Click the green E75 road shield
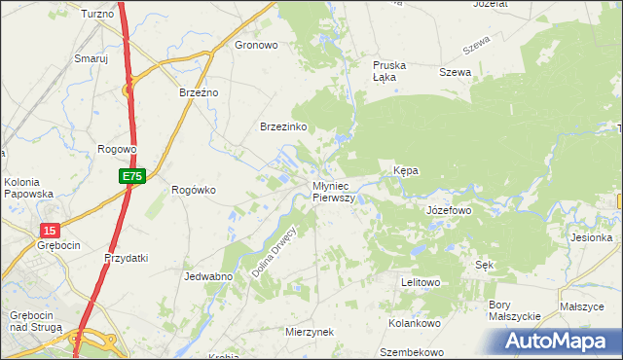133,176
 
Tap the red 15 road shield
51,230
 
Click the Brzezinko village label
284,126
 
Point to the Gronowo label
257,45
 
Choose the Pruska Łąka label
389,71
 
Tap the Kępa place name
406,170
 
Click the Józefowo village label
449,209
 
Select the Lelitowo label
421,282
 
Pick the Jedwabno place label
207,276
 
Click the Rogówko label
193,190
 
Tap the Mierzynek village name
310,332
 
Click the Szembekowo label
412,352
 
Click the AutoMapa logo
561,342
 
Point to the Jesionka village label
593,237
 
